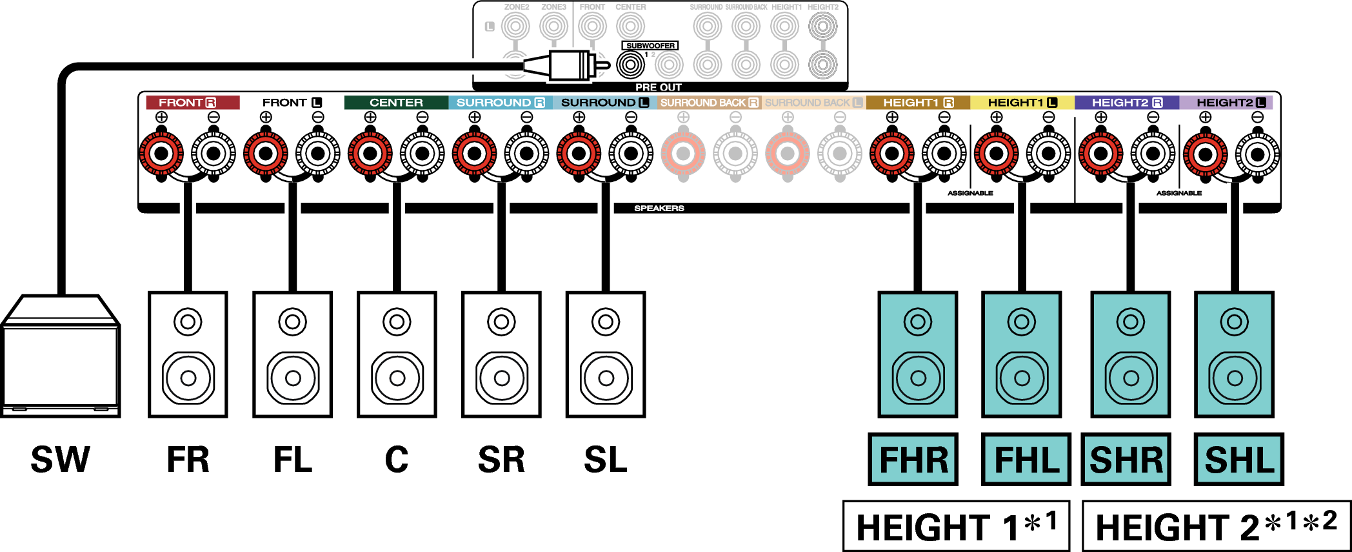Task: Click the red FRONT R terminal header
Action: click(x=192, y=103)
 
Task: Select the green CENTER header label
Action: click(x=396, y=103)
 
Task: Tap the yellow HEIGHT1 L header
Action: click(x=1022, y=103)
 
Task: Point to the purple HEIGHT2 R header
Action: click(x=1127, y=103)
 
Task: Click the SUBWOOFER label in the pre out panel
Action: click(x=650, y=46)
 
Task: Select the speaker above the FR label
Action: click(x=188, y=354)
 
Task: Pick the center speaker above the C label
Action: click(x=397, y=354)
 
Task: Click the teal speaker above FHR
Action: click(x=917, y=354)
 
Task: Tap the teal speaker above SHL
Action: click(x=1234, y=354)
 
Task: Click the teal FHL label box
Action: click(x=1026, y=460)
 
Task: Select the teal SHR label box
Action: click(x=1126, y=460)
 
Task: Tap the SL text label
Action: click(x=605, y=460)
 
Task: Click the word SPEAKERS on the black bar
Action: click(x=659, y=209)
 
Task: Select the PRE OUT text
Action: click(x=658, y=87)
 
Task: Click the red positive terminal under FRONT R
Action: click(x=161, y=154)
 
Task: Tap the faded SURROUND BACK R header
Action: click(x=709, y=103)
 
